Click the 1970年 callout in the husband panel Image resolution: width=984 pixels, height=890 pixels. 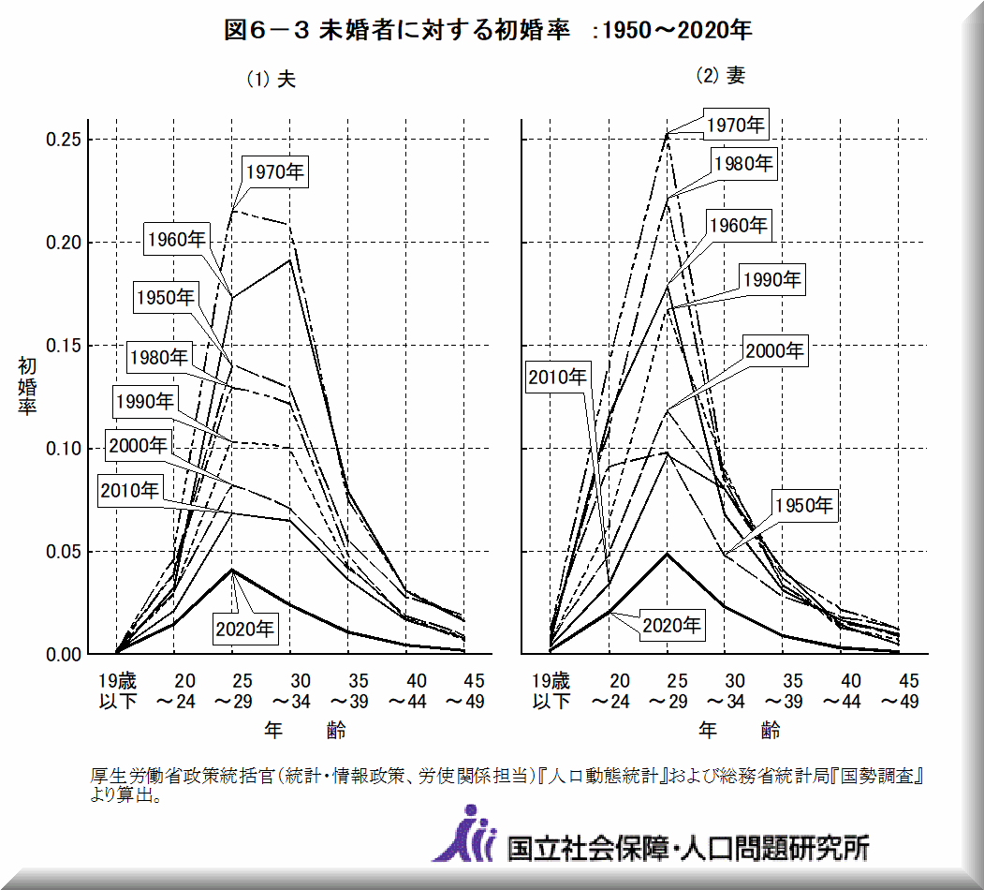(276, 171)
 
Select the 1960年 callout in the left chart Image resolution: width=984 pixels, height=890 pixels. (177, 239)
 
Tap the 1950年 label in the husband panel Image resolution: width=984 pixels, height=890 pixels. (165, 298)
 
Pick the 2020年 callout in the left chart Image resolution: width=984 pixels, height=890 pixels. (245, 630)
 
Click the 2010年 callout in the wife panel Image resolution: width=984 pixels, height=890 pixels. (558, 378)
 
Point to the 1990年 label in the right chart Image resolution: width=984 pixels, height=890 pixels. (772, 279)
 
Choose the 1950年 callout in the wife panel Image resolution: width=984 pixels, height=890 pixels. (803, 507)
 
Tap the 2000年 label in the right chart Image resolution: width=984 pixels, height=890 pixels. (774, 351)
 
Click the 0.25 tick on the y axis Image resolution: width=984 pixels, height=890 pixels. (68, 141)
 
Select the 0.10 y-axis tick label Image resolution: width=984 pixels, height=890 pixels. (68, 449)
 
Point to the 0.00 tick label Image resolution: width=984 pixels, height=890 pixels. (68, 655)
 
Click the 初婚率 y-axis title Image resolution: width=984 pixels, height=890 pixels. (26, 387)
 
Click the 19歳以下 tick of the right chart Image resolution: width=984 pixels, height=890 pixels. (550, 690)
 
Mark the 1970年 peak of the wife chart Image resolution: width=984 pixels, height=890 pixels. (668, 134)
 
